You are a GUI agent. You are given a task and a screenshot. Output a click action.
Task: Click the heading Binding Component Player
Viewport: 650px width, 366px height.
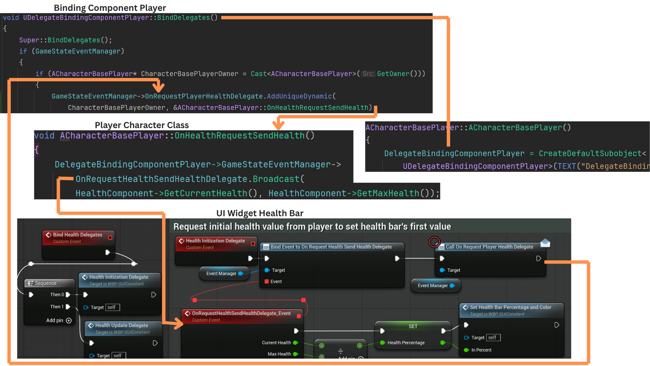(110, 8)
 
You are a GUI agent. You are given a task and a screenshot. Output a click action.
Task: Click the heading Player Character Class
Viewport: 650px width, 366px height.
(142, 125)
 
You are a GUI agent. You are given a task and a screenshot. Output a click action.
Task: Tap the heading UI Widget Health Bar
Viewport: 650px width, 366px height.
(260, 213)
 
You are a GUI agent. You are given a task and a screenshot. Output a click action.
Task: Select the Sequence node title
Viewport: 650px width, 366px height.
(45, 283)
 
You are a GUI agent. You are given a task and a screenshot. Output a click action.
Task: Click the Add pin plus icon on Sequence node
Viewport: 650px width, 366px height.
(69, 321)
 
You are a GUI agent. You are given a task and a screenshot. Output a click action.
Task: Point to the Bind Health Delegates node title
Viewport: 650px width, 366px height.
(77, 235)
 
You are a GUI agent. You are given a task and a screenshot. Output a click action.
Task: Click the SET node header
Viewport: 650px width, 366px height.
(413, 326)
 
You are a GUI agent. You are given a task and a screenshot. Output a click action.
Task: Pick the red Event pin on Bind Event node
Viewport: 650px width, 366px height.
(267, 282)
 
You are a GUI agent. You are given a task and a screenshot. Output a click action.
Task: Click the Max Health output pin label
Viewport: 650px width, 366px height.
(279, 354)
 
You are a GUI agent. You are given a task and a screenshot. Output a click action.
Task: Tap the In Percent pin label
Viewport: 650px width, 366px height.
(481, 350)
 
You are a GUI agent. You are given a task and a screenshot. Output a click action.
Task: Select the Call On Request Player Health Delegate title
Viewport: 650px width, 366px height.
(489, 247)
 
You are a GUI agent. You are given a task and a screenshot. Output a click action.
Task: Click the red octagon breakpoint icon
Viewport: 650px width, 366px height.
(434, 242)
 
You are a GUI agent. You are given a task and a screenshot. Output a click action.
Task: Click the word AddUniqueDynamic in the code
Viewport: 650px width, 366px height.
(299, 96)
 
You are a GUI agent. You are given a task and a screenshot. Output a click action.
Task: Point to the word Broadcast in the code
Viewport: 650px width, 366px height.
(276, 179)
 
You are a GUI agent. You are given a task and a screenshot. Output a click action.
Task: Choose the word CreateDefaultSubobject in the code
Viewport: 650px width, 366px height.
(590, 154)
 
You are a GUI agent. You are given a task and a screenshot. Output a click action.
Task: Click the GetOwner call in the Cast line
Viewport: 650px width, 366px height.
(393, 74)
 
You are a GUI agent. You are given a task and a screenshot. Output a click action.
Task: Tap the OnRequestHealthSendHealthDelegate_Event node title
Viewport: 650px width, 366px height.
(241, 313)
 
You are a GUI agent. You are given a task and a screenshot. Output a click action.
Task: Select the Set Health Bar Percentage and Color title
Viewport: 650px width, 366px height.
(511, 307)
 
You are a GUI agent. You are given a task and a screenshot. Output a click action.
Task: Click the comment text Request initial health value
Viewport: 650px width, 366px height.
(312, 227)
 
